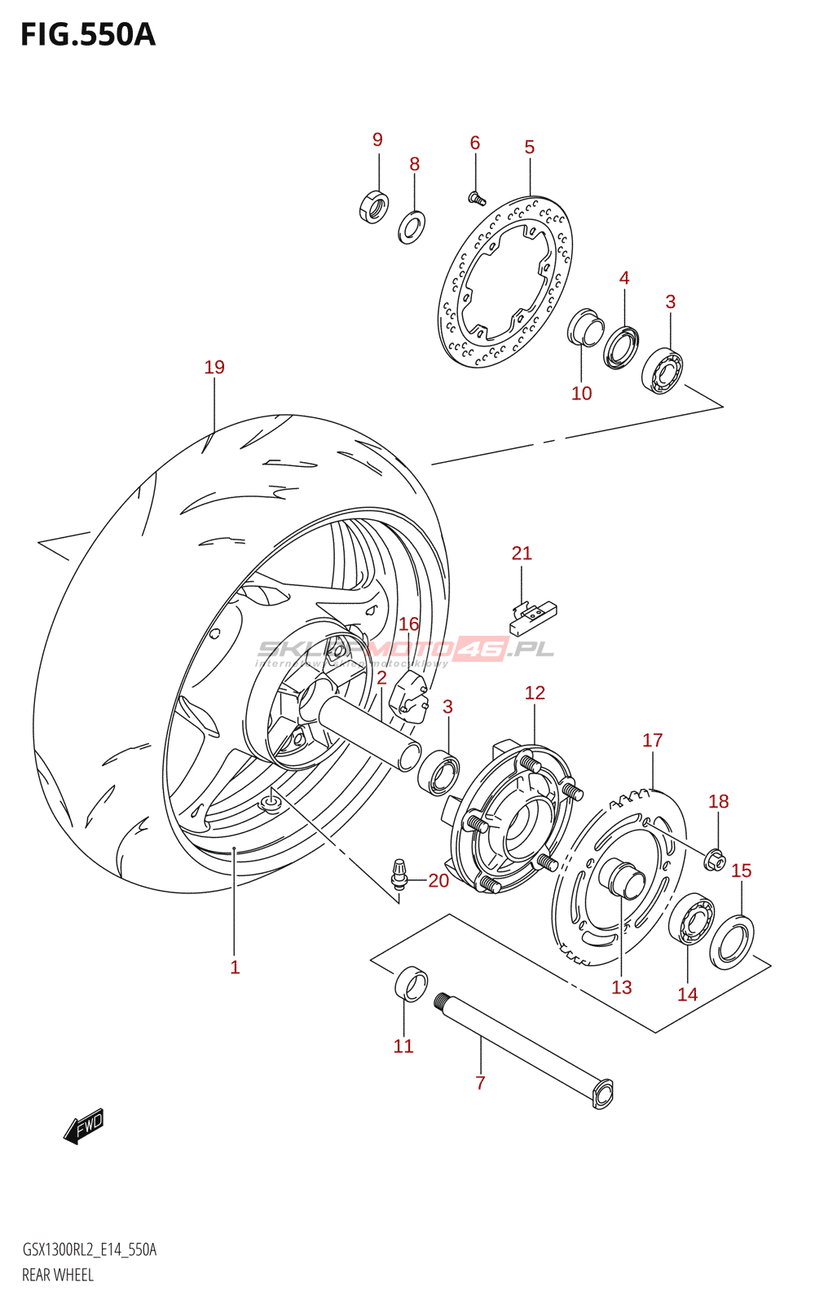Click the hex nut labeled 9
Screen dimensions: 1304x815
[373, 206]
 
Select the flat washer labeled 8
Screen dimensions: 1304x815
[412, 227]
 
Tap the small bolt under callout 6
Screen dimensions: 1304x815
[477, 197]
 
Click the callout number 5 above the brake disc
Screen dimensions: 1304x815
[530, 148]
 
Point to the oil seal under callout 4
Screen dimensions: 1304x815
[622, 347]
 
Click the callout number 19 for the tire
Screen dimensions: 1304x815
[214, 368]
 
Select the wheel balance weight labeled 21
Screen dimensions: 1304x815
[532, 617]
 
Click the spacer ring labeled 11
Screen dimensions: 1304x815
[411, 983]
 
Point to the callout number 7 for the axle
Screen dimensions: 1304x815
[481, 1083]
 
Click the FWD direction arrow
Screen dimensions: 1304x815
[84, 1126]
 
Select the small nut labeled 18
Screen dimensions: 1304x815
[716, 859]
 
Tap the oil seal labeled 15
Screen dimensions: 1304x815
[732, 942]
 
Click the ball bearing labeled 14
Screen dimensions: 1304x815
[693, 919]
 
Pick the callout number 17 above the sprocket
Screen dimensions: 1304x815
[653, 740]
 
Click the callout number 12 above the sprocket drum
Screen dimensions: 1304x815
[535, 693]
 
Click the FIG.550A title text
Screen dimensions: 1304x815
[88, 35]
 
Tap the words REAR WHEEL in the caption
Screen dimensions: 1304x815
[58, 1275]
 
